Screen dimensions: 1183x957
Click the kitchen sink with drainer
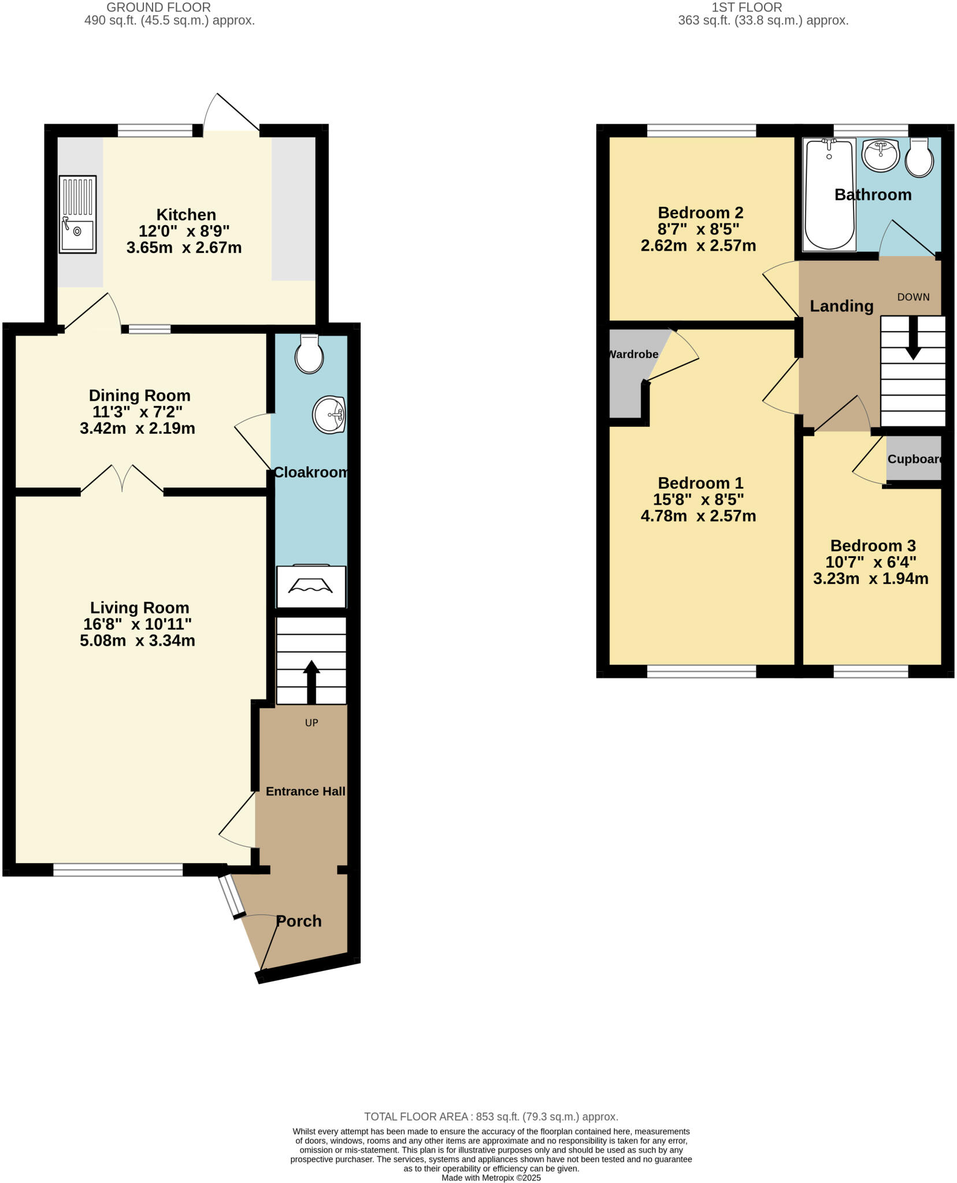(x=77, y=214)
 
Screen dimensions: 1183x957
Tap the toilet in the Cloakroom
(x=309, y=355)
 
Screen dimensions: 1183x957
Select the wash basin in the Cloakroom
(x=329, y=414)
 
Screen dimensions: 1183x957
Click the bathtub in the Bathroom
(x=830, y=195)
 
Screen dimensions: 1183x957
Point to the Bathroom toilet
(x=919, y=158)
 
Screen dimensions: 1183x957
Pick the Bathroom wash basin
(x=880, y=155)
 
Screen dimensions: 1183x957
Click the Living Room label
(x=139, y=608)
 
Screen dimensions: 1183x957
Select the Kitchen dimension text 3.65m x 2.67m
(x=184, y=248)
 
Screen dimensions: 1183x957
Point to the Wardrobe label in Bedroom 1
(x=633, y=354)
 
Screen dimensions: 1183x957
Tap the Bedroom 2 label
(x=700, y=213)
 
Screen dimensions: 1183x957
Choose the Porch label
(x=299, y=921)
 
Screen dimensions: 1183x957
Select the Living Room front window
(x=118, y=869)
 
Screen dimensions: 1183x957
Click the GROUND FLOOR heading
(x=159, y=8)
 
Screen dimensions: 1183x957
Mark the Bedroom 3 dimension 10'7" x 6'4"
(x=873, y=562)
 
